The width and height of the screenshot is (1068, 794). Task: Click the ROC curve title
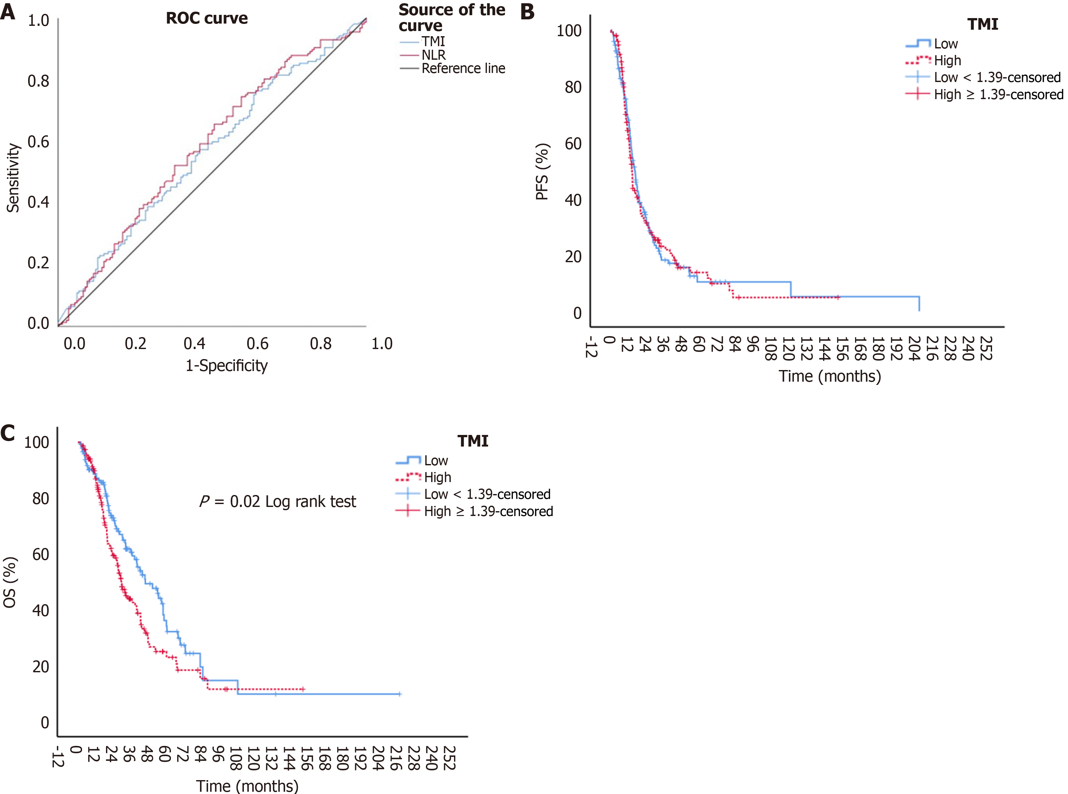207,18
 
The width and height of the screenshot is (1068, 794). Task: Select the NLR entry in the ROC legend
433,55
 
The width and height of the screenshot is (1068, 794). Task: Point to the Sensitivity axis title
13,178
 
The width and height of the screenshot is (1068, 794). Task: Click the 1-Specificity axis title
227,366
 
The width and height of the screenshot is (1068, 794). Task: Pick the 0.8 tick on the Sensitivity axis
38,81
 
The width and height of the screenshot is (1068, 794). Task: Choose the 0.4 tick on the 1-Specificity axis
195,344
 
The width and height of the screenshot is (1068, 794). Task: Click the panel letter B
527,12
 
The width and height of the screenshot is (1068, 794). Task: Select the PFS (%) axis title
543,171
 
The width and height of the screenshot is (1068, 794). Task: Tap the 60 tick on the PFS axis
573,144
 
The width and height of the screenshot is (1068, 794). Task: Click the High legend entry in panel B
947,61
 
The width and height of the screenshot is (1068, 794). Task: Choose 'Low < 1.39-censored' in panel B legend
997,77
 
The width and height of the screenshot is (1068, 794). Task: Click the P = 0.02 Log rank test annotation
278,502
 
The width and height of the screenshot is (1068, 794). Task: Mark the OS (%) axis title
10,582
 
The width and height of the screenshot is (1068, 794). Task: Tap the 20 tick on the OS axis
41,667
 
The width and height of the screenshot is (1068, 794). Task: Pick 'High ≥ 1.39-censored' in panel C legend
488,511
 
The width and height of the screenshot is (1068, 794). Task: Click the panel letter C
8,433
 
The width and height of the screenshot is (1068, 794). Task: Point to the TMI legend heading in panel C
473,441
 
